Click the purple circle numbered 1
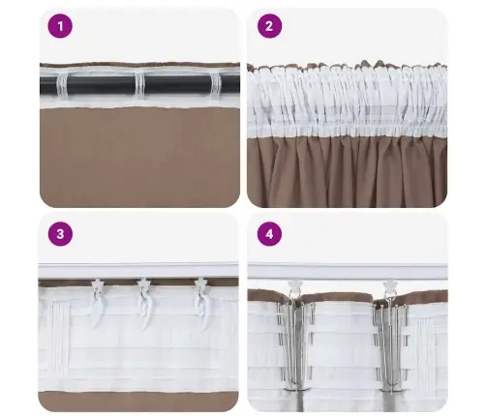pos(60,27)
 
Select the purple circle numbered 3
pos(60,233)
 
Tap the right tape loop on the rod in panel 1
pos(217,84)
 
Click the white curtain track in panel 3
pos(138,270)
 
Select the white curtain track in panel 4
pos(347,272)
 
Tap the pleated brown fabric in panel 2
pos(347,174)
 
